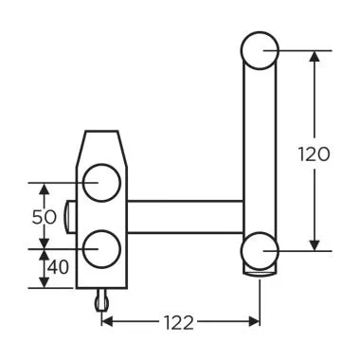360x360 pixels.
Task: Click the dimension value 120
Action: (313, 153)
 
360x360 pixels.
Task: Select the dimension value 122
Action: (178, 323)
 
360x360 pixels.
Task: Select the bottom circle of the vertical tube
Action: (259, 251)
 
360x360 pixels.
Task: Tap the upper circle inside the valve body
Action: (101, 181)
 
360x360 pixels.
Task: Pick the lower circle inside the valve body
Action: (101, 248)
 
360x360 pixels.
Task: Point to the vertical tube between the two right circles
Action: (259, 152)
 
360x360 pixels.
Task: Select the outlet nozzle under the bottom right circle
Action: (259, 274)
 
